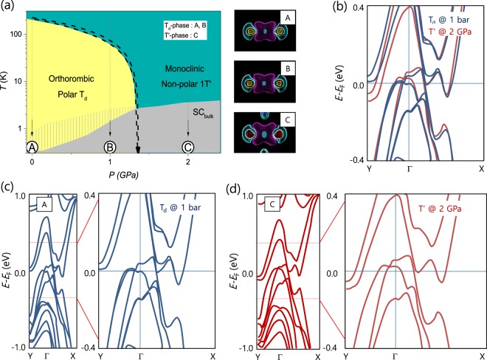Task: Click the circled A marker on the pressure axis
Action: pyautogui.click(x=32, y=146)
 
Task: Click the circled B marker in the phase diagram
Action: pyautogui.click(x=110, y=146)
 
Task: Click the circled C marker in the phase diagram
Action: pyautogui.click(x=188, y=146)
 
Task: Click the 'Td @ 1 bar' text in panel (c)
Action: pyautogui.click(x=184, y=207)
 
